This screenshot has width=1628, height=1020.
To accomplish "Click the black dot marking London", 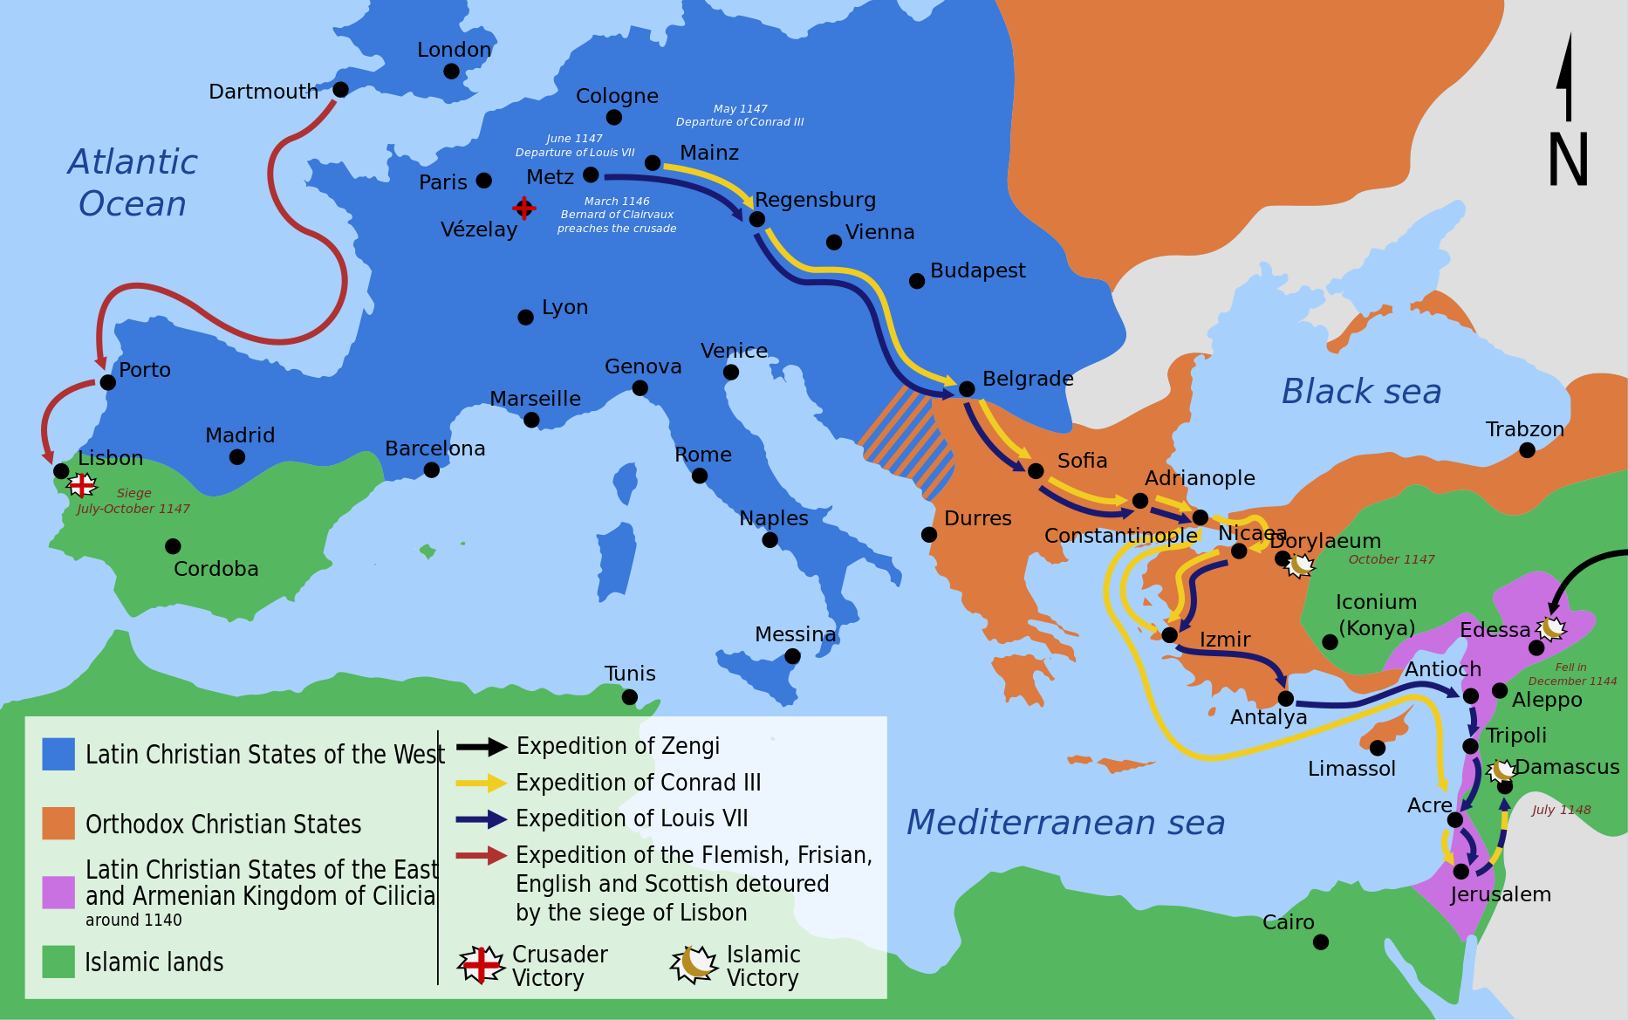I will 451,72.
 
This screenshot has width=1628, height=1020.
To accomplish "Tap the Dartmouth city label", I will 263,92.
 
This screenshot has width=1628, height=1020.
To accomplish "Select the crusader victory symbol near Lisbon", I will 83,484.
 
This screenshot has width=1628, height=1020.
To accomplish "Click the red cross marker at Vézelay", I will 523,208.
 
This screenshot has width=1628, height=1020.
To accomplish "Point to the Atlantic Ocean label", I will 133,182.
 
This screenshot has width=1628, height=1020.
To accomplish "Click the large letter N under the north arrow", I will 1568,160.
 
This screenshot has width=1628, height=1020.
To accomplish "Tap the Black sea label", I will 1361,392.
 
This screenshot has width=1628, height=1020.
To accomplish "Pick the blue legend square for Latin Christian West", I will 58,754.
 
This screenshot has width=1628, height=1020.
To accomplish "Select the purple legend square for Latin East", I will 58,893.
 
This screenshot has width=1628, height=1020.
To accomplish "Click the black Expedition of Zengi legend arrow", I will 482,747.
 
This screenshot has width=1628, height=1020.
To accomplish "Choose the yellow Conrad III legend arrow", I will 482,783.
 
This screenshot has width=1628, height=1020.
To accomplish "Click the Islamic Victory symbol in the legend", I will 694,964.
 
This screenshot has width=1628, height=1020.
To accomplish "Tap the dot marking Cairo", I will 1321,941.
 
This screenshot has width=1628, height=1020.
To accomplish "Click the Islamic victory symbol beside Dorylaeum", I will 1300,565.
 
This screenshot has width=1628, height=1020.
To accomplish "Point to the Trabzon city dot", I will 1527,450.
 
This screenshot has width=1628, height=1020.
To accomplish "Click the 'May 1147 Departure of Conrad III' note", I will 740,115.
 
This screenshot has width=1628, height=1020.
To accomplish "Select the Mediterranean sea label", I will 1065,823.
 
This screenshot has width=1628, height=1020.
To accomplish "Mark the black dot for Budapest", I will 917,281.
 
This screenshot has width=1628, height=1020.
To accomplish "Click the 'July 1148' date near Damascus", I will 1561,810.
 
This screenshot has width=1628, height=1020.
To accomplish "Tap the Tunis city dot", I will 630,697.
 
